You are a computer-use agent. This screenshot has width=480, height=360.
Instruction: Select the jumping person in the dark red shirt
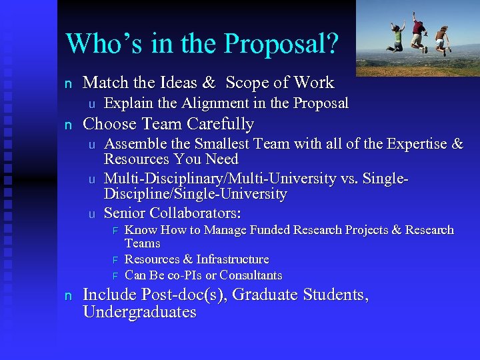tap(419, 30)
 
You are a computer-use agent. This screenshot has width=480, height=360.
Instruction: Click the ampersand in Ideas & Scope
tap(209, 83)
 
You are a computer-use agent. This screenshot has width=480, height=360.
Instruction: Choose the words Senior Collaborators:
tap(173, 213)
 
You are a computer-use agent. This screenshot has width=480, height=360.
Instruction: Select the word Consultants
tap(251, 275)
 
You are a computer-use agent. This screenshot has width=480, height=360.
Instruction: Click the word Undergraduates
tap(139, 313)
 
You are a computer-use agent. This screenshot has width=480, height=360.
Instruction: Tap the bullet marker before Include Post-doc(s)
tap(67, 296)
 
